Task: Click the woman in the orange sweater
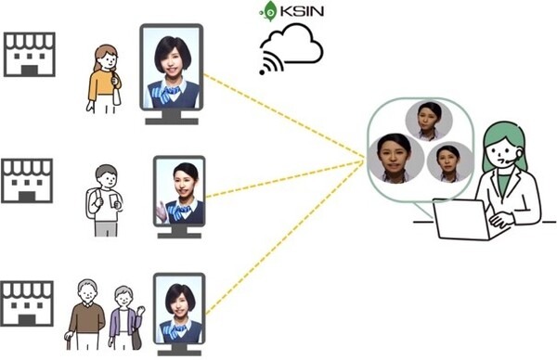click(x=105, y=79)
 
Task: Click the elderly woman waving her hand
click(x=125, y=319)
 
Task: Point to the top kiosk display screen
click(x=172, y=66)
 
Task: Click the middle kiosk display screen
click(x=178, y=191)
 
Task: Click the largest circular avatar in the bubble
click(x=395, y=158)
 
